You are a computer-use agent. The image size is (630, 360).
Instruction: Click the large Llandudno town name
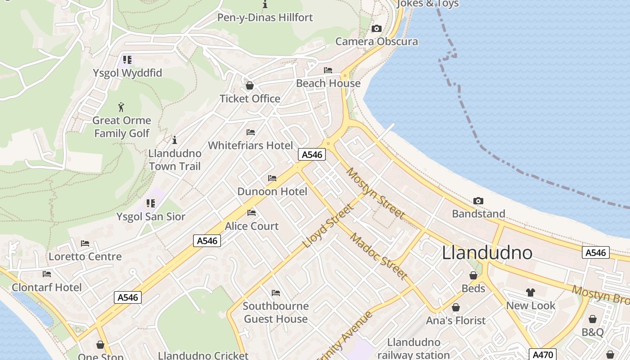click(x=487, y=253)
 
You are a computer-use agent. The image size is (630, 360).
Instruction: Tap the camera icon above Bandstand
click(x=478, y=201)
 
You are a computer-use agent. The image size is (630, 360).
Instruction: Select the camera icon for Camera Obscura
click(x=377, y=29)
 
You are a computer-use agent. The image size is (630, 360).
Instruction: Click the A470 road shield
click(x=542, y=354)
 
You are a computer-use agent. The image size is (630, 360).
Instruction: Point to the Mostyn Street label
click(x=375, y=193)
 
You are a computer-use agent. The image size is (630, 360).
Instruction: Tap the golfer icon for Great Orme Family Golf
click(x=121, y=107)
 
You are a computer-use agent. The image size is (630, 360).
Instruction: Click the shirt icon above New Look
click(x=531, y=292)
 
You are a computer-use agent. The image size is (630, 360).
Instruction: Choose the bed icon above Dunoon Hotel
click(x=272, y=178)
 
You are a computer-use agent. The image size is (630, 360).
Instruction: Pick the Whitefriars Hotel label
click(x=250, y=145)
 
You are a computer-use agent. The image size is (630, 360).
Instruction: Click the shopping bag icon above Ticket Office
click(x=250, y=85)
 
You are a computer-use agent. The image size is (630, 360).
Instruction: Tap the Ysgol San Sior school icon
click(x=151, y=203)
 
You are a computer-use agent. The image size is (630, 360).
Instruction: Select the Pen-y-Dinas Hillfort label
click(x=265, y=18)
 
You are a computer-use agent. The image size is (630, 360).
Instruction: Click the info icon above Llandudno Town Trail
click(x=175, y=140)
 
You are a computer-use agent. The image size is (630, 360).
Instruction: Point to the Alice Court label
click(x=252, y=226)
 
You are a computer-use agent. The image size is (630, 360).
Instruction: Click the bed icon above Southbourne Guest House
click(x=276, y=293)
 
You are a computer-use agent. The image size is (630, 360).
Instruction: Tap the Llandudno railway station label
click(x=414, y=348)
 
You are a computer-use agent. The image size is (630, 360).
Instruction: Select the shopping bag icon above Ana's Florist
click(x=456, y=307)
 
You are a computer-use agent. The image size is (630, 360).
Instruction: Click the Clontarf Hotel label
click(x=47, y=288)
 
